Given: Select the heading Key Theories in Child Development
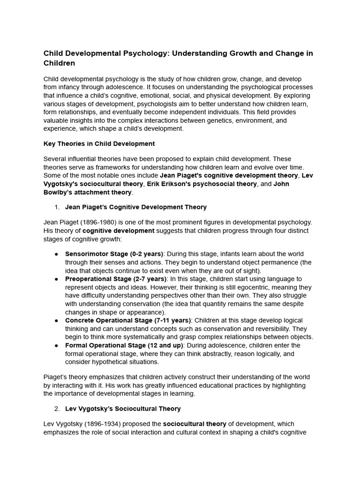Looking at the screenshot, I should [99, 143].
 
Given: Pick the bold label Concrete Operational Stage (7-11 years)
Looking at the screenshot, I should [128, 320].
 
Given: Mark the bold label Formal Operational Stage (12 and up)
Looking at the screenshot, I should [124, 345].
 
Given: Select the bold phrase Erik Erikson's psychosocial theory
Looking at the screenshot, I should [202, 184].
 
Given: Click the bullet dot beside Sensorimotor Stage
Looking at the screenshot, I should [56, 254].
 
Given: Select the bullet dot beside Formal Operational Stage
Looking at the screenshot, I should [56, 345].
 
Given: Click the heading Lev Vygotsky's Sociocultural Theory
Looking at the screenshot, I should [122, 409].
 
